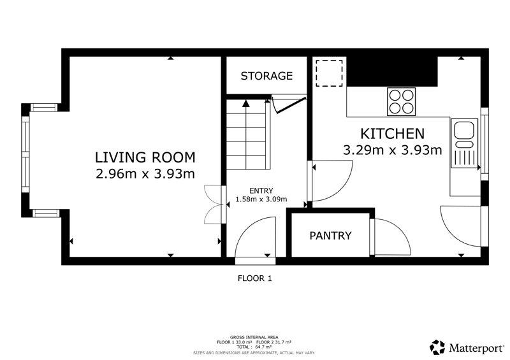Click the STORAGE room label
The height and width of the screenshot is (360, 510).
(266, 76)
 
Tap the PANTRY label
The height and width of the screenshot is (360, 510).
(330, 236)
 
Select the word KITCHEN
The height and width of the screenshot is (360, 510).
(393, 134)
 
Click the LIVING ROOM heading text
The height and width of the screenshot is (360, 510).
(145, 157)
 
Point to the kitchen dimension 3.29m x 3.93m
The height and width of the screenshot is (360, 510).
(393, 150)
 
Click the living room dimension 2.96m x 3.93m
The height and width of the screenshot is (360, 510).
(145, 174)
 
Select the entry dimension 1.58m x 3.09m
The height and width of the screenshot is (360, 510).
(261, 199)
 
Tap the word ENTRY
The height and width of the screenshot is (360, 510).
(261, 191)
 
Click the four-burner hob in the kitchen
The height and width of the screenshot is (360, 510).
(402, 101)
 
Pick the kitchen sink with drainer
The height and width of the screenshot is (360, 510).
(464, 143)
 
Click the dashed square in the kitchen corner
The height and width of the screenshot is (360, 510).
(329, 73)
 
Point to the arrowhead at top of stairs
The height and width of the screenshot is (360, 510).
(246, 104)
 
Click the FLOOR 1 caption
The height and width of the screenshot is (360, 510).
(254, 278)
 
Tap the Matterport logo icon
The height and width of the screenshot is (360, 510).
(437, 347)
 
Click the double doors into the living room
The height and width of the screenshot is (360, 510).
(213, 205)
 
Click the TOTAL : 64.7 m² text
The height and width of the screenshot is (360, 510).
(254, 347)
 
